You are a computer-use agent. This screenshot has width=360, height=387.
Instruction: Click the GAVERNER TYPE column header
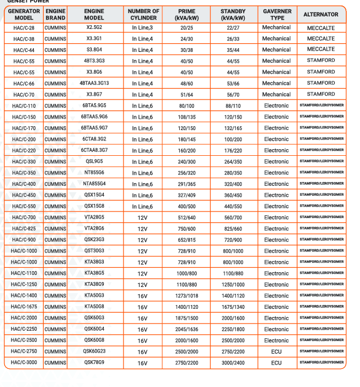[x=277, y=14]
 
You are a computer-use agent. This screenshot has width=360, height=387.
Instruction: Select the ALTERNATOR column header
[x=321, y=14]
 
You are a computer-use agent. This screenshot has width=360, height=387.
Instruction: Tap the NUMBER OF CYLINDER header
[x=143, y=14]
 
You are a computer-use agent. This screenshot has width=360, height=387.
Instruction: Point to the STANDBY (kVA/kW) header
[x=233, y=14]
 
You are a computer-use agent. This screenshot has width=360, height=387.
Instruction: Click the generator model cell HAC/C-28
[x=23, y=28]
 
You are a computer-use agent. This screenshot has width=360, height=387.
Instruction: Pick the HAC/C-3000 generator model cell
[x=23, y=362]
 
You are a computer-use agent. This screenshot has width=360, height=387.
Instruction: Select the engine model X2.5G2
[x=94, y=27]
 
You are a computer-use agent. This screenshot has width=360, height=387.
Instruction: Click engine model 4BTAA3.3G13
[x=94, y=83]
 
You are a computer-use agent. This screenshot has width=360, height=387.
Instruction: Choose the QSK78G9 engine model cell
[x=94, y=362]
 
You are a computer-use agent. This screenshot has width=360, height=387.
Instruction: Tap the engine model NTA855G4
[x=94, y=184]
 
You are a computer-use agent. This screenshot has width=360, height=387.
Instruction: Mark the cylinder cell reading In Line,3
[x=143, y=28]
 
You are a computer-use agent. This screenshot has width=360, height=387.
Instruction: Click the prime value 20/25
[x=186, y=28]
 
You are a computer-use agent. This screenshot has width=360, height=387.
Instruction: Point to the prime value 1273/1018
[x=186, y=296]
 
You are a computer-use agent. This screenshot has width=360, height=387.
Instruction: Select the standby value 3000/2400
[x=233, y=362]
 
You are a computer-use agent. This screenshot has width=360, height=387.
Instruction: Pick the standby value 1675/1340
[x=233, y=307]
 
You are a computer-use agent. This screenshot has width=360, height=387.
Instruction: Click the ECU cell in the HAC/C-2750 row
[x=276, y=351]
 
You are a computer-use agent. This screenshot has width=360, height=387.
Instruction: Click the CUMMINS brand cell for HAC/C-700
[x=55, y=218]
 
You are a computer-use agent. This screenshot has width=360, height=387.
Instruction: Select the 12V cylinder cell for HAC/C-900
[x=143, y=240]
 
